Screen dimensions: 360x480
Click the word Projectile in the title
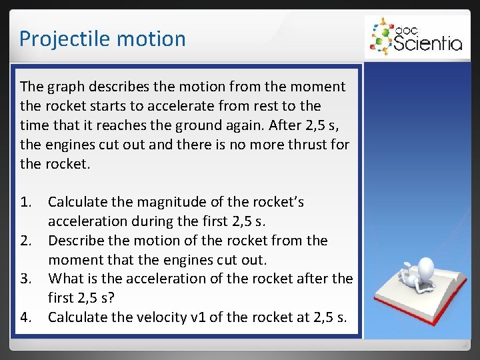(59, 39)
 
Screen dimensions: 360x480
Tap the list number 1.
(25, 201)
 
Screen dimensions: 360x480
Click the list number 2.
(25, 240)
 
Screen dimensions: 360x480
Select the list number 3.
(25, 279)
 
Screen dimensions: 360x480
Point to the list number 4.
(25, 317)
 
